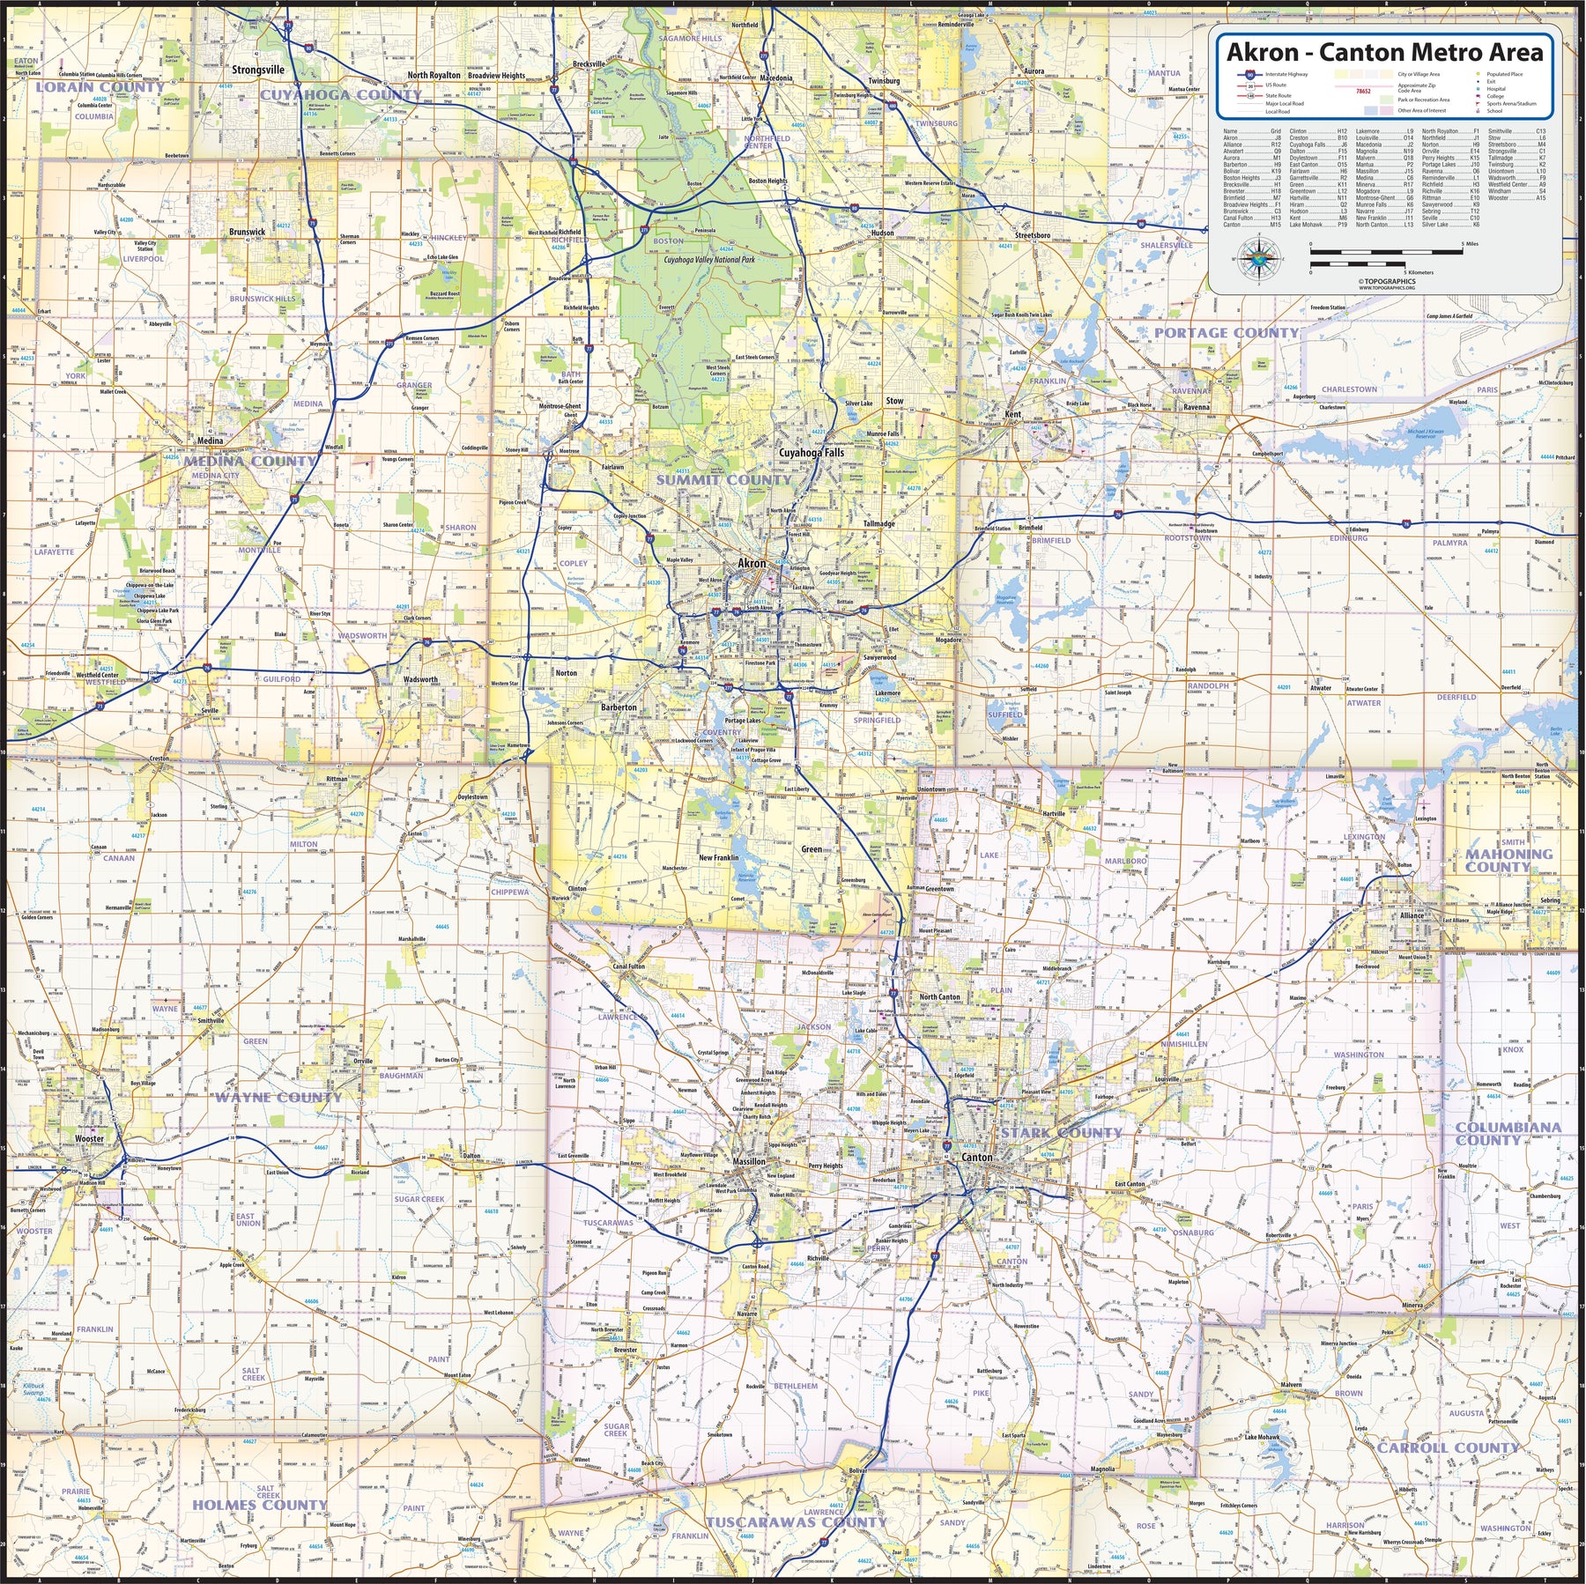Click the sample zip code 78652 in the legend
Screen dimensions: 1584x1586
click(x=1363, y=90)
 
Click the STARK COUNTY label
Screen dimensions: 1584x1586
click(x=1061, y=1133)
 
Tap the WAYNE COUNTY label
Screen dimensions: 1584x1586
click(x=278, y=1098)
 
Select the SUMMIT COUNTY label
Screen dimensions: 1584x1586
click(x=724, y=480)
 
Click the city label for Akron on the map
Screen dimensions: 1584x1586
click(x=752, y=563)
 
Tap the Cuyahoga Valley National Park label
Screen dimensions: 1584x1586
click(x=709, y=261)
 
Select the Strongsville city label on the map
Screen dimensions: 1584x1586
click(x=258, y=70)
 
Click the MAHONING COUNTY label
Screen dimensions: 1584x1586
click(x=1508, y=860)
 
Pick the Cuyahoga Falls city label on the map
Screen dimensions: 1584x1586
click(x=811, y=453)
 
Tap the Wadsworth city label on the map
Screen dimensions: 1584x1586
click(x=420, y=679)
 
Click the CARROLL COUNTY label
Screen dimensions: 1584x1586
click(x=1448, y=1447)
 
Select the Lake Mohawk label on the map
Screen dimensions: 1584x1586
click(x=1262, y=1437)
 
